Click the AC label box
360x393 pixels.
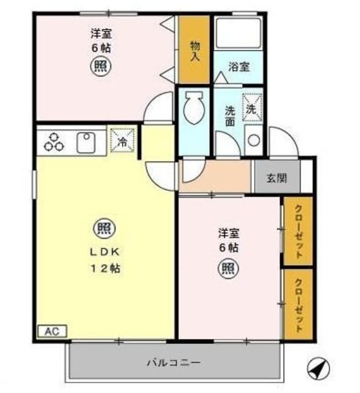click(52, 331)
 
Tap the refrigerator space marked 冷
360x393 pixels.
click(121, 140)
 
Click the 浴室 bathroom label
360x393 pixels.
click(239, 67)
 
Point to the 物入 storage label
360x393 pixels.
click(194, 50)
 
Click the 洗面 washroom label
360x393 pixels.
click(229, 117)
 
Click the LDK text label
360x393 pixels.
click(101, 251)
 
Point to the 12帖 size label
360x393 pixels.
click(104, 268)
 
